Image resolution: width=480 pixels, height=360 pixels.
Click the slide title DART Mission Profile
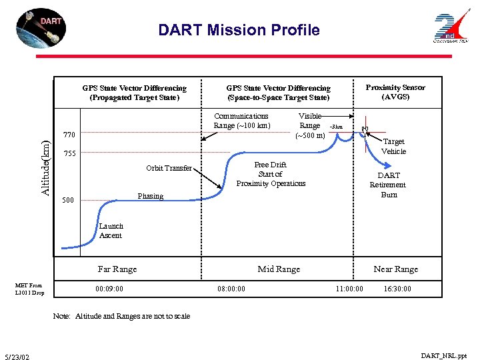239,30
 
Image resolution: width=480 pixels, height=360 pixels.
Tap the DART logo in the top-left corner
41,28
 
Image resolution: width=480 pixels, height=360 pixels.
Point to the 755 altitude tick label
69,154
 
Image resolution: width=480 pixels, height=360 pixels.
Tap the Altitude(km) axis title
45,167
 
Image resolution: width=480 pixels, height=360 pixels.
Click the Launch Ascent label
111,231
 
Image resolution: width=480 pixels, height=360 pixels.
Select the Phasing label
150,196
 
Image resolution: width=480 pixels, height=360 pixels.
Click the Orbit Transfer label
169,168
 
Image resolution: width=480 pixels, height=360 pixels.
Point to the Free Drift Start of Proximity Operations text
271,174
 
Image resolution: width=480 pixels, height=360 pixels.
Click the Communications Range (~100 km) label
241,121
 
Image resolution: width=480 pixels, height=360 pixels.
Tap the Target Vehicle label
393,146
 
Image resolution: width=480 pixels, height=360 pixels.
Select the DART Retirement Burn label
388,185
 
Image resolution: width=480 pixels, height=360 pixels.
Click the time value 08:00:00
231,289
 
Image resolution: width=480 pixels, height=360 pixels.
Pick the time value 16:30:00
397,289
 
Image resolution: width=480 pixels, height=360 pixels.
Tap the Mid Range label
279,269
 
